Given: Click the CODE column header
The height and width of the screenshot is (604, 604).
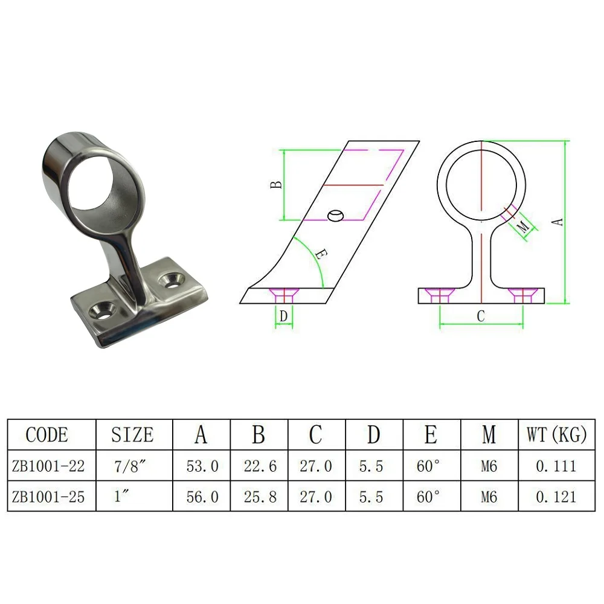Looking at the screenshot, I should [47, 435].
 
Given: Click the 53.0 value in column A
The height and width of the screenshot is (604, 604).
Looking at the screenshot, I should [201, 466].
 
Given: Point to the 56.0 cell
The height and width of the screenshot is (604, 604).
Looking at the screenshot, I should [201, 496].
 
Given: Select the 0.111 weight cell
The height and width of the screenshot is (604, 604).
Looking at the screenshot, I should [556, 466].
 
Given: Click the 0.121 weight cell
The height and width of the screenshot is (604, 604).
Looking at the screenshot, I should [556, 496].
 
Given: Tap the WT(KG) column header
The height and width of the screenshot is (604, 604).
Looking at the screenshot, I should [556, 435].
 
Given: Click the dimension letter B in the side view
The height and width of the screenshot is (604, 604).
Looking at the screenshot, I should [275, 185].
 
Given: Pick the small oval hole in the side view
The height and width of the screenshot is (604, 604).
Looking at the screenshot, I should [335, 216].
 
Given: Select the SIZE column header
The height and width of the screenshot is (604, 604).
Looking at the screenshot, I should [133, 435].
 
